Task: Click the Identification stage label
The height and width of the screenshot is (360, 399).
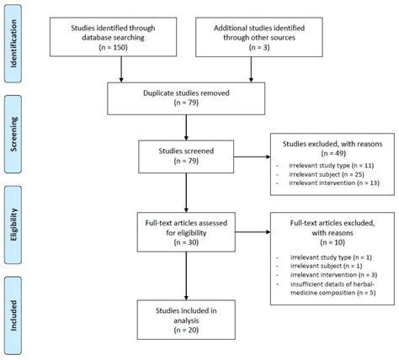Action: pyautogui.click(x=13, y=44)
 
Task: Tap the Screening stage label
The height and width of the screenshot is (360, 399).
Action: pyautogui.click(x=13, y=135)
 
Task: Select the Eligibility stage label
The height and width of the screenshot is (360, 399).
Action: pyautogui.click(x=13, y=225)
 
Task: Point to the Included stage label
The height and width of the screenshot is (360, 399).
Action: pyautogui.click(x=13, y=315)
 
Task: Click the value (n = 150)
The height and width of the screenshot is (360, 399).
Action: pyautogui.click(x=113, y=47)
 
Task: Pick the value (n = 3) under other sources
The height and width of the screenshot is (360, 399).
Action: pyautogui.click(x=259, y=47)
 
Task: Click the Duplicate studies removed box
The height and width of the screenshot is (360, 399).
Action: pyautogui.click(x=186, y=98)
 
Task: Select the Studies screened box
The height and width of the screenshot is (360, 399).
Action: pyautogui.click(x=186, y=156)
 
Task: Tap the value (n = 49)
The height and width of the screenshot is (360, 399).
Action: pyautogui.click(x=332, y=153)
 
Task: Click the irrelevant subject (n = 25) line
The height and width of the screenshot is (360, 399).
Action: pyautogui.click(x=327, y=174)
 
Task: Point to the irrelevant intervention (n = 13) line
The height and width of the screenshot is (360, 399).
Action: pyautogui.click(x=334, y=183)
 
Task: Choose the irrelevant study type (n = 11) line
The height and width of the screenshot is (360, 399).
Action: pyautogui.click(x=332, y=166)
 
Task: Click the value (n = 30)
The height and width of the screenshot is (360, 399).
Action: pyautogui.click(x=186, y=242)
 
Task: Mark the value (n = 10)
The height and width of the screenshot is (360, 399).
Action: pyautogui.click(x=332, y=242)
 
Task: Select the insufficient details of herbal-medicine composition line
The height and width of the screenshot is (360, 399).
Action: pyautogui.click(x=333, y=289)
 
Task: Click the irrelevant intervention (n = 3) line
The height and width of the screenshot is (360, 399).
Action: pyautogui.click(x=333, y=275)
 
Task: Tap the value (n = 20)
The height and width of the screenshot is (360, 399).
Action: pyautogui.click(x=186, y=330)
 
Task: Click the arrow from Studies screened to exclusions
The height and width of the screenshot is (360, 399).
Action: pyautogui.click(x=252, y=156)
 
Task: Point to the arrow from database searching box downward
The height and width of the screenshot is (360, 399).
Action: pyautogui.click(x=121, y=69)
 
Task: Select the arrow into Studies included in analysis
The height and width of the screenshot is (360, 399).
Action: pyautogui.click(x=186, y=276)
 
